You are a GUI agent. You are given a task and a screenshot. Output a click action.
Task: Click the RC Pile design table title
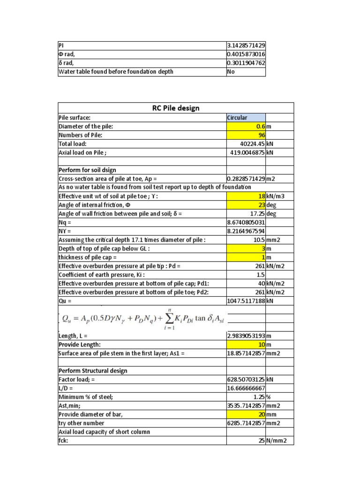click(176, 108)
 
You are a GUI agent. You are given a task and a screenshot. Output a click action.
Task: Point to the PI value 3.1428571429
click(246, 45)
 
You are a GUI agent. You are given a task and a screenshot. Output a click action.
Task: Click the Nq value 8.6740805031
click(246, 222)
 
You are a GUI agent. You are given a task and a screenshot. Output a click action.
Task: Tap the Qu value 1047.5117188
click(246, 300)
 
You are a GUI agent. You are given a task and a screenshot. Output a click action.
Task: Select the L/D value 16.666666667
click(246, 388)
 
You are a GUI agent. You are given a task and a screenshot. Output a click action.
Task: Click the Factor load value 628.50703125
click(246, 380)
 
